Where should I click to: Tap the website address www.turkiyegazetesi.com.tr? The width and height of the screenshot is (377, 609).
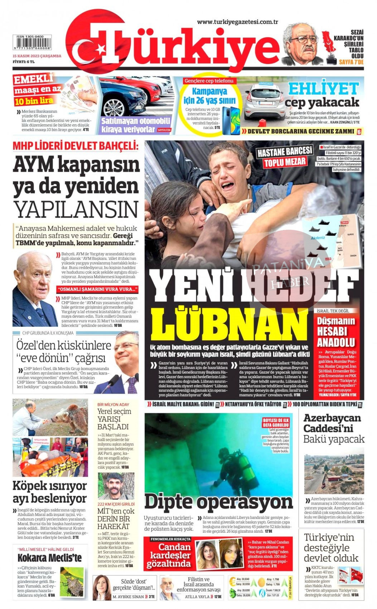point(238,22)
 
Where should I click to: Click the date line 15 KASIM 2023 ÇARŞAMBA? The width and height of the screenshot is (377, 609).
point(37,56)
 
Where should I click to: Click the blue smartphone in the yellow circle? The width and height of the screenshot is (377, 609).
point(231,120)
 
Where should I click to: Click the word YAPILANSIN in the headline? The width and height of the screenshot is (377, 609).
point(76,210)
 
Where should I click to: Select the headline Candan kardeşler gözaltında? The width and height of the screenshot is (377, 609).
point(169,555)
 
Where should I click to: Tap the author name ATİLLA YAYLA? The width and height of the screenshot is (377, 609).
point(197,597)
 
